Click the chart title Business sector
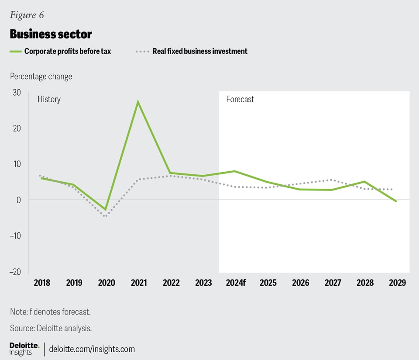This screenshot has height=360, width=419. [x=51, y=34]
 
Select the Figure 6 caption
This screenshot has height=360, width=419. [x=27, y=15]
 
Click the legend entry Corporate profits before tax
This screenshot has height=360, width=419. [x=67, y=51]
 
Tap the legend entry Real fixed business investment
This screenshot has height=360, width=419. [x=199, y=51]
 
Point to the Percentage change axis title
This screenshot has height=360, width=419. [x=41, y=76]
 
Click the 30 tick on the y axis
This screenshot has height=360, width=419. [x=16, y=93]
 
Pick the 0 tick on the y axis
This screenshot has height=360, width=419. [x=19, y=200]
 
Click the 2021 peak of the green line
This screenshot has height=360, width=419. [x=138, y=102]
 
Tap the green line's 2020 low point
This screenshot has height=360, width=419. [x=106, y=210]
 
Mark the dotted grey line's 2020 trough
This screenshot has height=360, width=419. [x=106, y=216]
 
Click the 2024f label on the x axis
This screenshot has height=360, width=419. [x=236, y=283]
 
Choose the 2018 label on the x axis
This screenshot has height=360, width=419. [x=42, y=283]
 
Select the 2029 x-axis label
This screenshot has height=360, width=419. [x=397, y=283]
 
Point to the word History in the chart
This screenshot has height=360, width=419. [x=49, y=99]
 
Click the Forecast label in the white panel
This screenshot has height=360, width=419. [x=240, y=99]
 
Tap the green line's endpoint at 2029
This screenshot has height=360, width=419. [x=396, y=201]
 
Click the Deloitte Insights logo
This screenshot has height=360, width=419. [x=24, y=349]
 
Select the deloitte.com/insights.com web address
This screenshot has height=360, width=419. [x=92, y=349]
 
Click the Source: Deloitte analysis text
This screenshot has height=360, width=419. [x=51, y=328]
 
